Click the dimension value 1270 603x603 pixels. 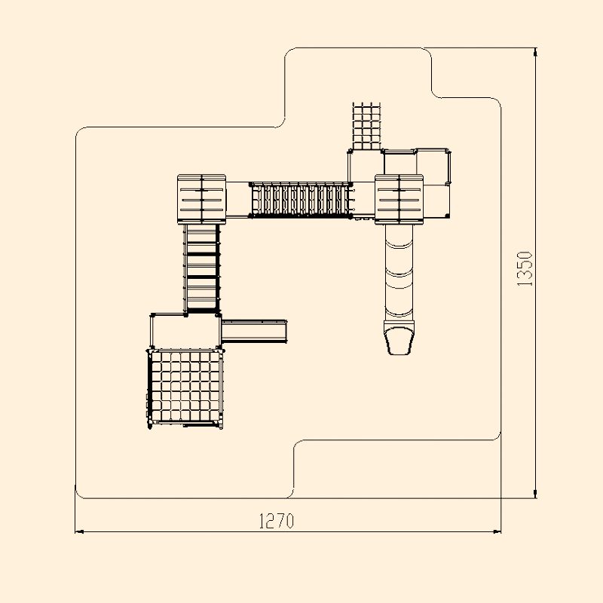[x=277, y=522]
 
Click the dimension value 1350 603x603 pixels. [x=525, y=269]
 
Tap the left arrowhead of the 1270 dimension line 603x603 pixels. [x=79, y=532]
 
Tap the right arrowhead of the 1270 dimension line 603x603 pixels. [x=497, y=532]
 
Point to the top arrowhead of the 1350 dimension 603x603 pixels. [x=535, y=52]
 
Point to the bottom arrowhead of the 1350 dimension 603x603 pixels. [x=535, y=494]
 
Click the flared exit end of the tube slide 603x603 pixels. [x=399, y=338]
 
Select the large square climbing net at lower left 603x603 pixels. [x=185, y=387]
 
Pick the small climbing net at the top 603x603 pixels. [x=366, y=126]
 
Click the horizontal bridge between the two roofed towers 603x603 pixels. [x=301, y=200]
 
